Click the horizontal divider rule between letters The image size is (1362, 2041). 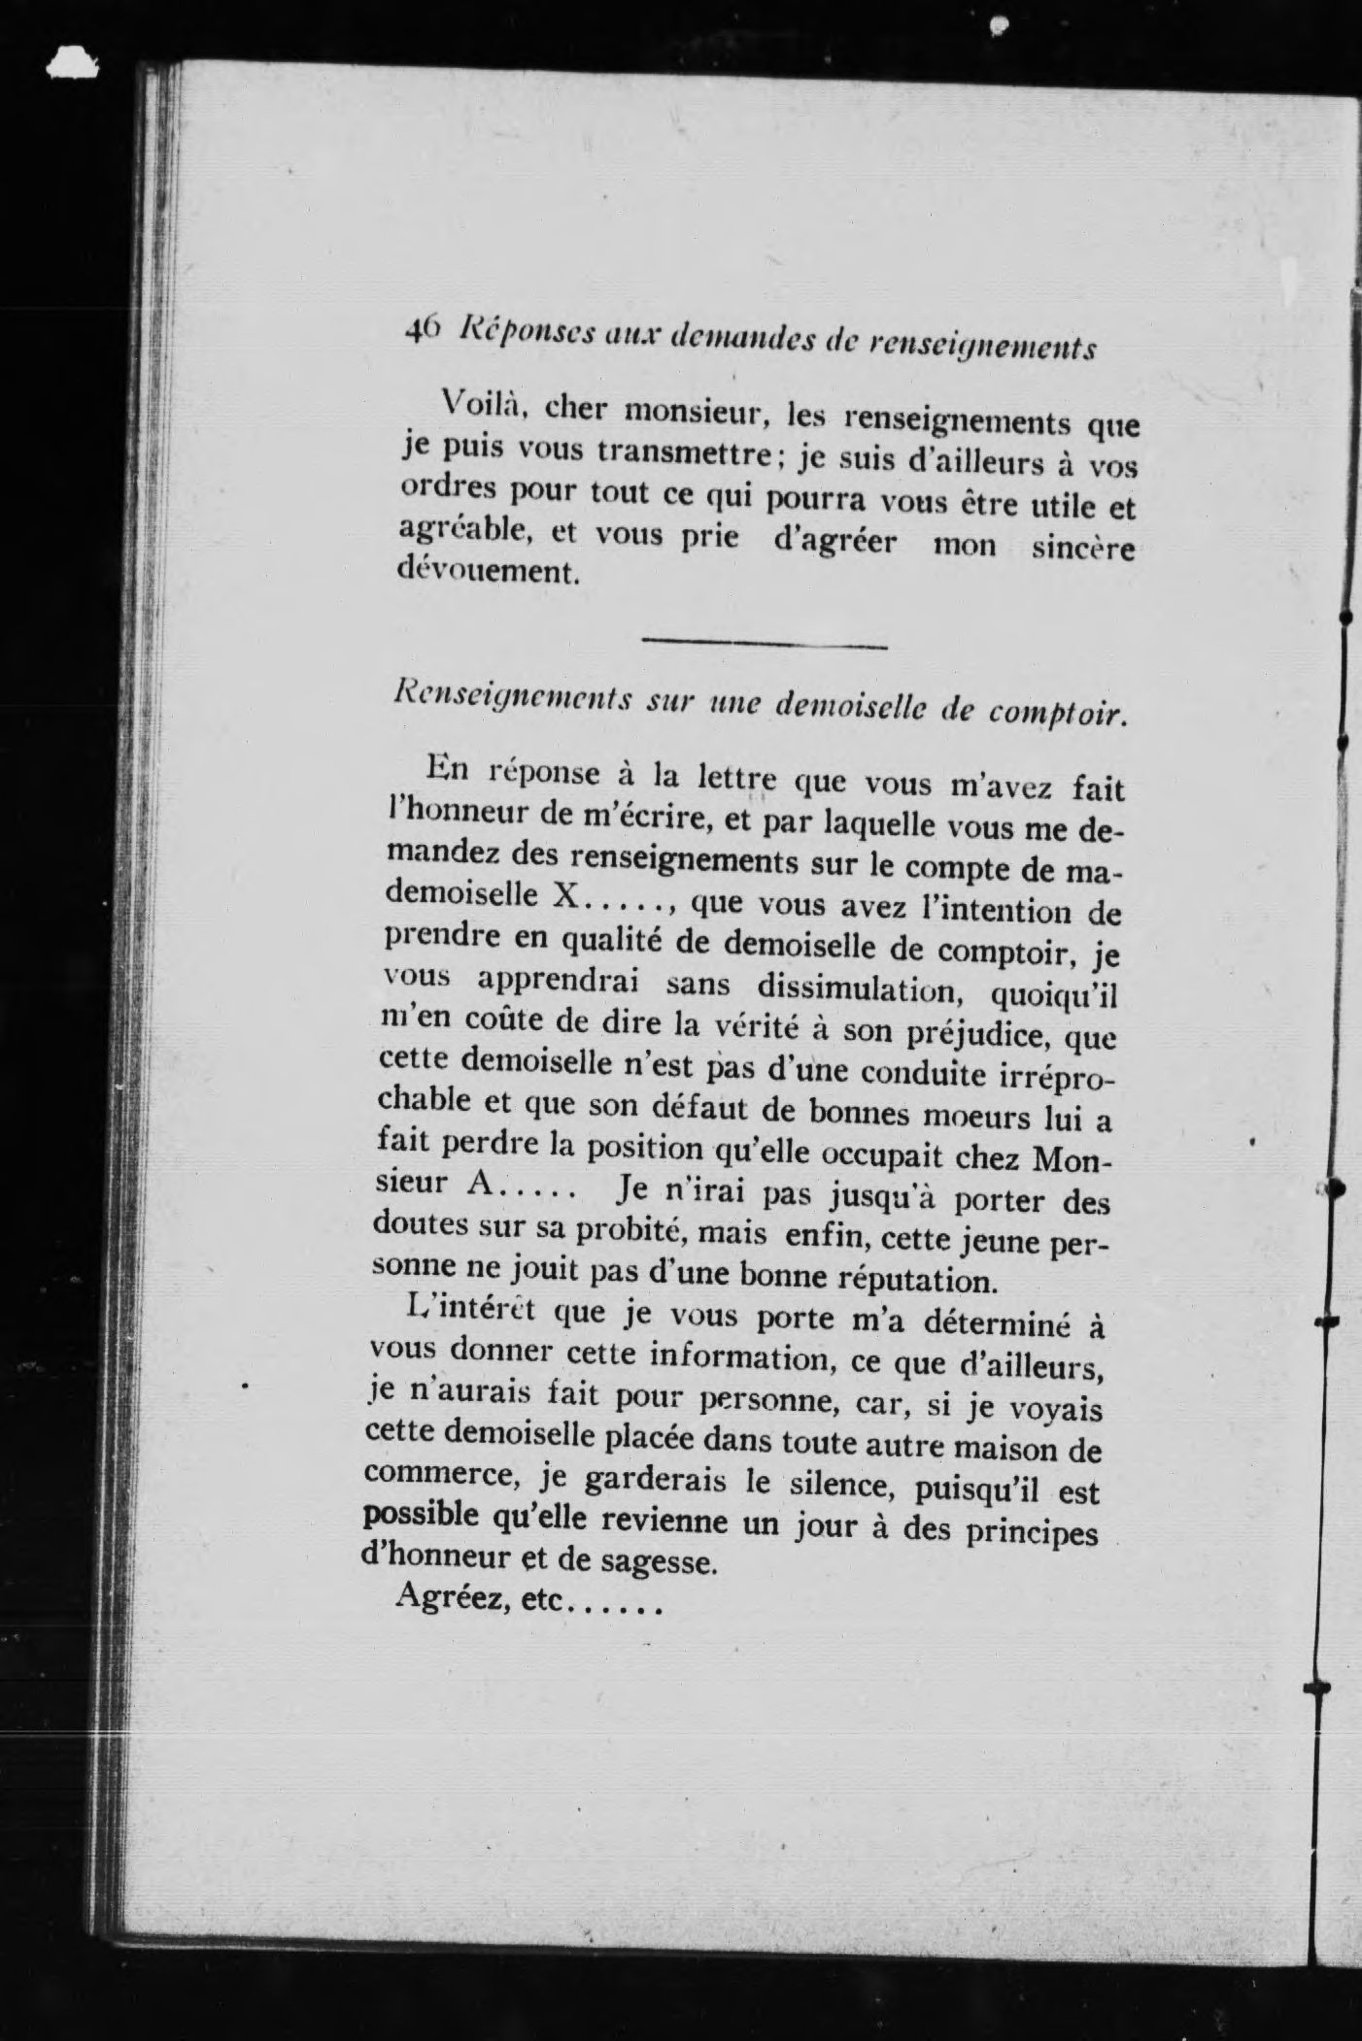tap(765, 642)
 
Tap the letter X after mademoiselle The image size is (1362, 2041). tap(564, 894)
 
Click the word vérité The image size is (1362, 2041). tap(752, 1030)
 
